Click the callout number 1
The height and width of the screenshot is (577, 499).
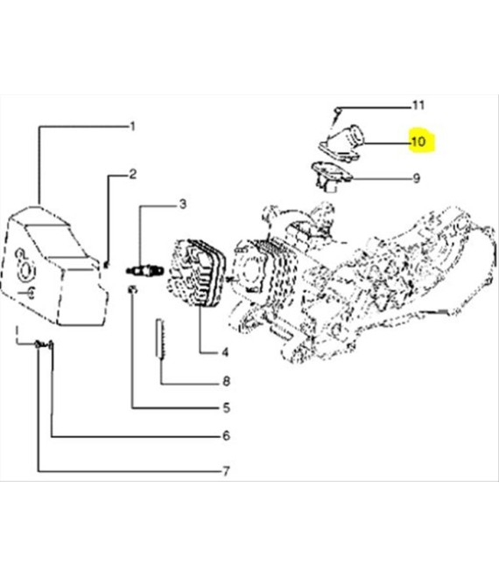coord(133,127)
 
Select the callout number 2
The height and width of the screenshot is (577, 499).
coord(133,174)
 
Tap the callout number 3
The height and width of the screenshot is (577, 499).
coord(183,204)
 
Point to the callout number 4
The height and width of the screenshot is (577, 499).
coord(225,352)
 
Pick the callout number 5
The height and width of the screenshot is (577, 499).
coord(226,407)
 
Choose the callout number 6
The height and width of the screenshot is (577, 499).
coord(226,435)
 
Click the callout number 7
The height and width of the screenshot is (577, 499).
coord(226,470)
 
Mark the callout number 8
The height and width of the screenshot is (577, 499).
coord(226,381)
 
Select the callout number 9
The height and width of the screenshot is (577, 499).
coord(417,178)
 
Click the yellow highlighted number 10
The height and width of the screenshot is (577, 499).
coord(418,142)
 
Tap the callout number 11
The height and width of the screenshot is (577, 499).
coord(418,105)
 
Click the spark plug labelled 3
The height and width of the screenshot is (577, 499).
coord(144,271)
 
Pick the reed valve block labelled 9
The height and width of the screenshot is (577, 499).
coord(331,176)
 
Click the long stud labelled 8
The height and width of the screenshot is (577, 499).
coord(160,337)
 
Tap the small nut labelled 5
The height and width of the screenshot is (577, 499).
coord(133,289)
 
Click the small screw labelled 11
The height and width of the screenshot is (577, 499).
coord(336,115)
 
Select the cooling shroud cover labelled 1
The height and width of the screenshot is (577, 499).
coord(54,267)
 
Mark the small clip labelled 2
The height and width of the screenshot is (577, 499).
coord(107,264)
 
